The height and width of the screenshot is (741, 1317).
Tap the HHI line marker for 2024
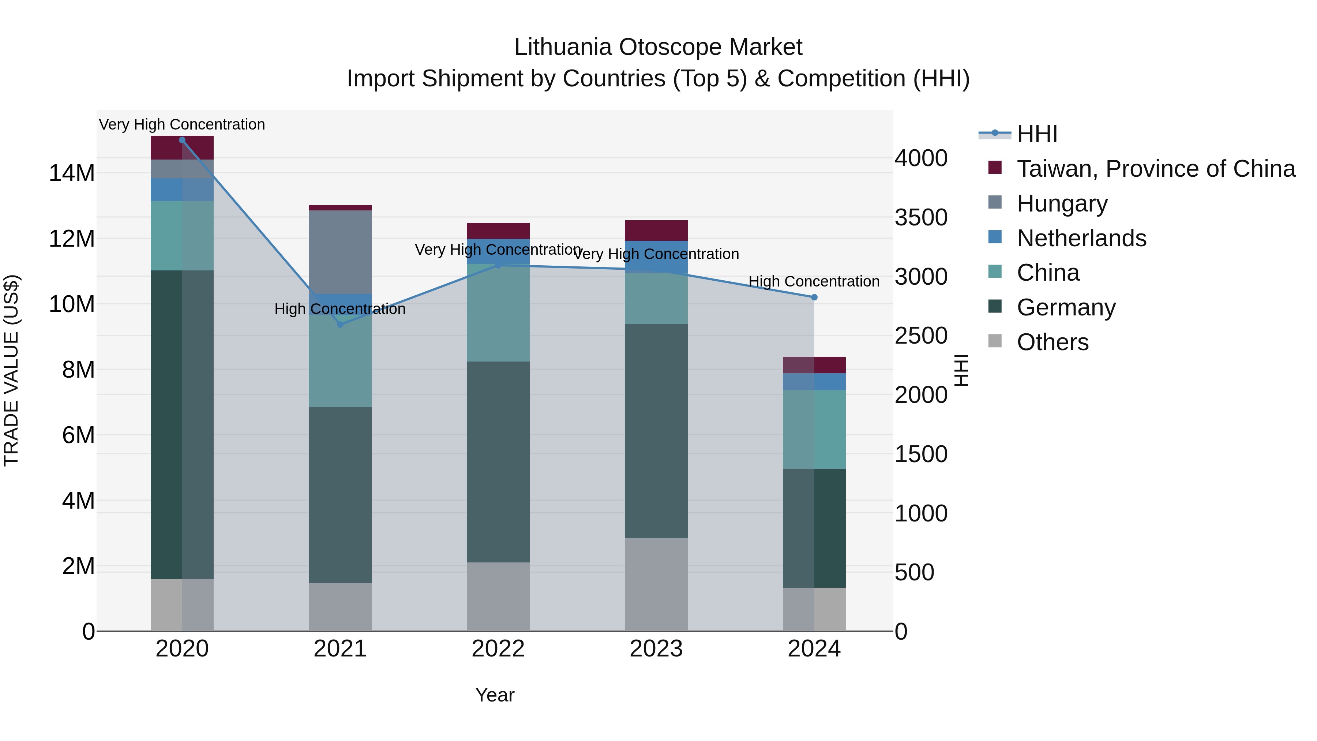coord(814,297)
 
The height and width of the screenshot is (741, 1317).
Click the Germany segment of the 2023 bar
coord(656,431)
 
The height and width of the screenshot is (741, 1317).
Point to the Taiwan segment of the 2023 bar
coord(656,230)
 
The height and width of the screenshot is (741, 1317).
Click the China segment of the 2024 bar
coord(814,429)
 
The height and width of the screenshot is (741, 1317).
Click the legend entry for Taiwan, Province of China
coord(1155,169)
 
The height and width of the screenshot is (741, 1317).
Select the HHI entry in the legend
coord(1036,134)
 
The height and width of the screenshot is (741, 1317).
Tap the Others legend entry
coord(1052,342)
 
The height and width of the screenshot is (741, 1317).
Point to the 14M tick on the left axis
coord(72,173)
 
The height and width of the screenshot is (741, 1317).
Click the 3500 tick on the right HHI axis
coord(921,217)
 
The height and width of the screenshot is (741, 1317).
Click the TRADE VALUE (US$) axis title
coord(12,370)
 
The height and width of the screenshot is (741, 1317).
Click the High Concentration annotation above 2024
coord(814,281)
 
